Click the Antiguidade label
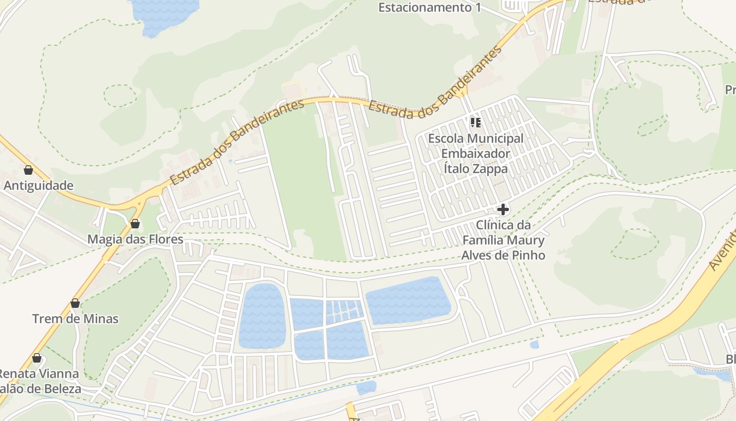[x=39, y=186]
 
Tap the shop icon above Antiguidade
[x=28, y=170]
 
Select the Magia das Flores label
[x=135, y=239]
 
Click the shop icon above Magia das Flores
[x=135, y=224]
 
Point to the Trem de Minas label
[x=75, y=319]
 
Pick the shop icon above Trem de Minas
[x=75, y=303]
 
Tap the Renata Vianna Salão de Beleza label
[x=40, y=382]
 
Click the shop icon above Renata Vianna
[x=37, y=358]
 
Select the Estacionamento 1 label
[x=430, y=7]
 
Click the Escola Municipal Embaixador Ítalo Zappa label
[x=476, y=154]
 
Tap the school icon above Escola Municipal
[x=476, y=123]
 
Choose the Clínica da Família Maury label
[x=503, y=240]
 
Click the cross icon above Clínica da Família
[x=503, y=209]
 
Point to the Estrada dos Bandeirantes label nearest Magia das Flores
[x=237, y=142]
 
